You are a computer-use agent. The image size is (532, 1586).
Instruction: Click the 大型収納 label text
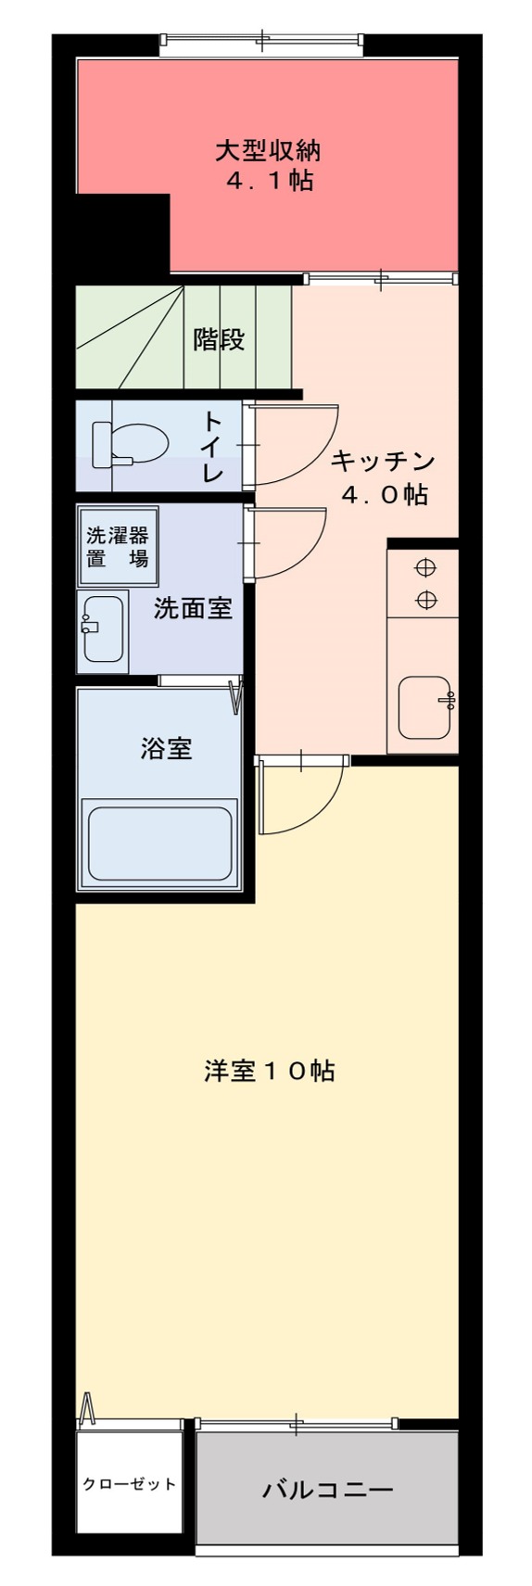pos(268,150)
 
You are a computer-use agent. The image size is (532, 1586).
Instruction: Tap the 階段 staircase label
pos(219,339)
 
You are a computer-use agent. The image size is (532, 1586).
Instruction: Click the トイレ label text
pos(212,447)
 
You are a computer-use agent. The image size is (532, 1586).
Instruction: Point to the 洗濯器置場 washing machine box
pos(117,546)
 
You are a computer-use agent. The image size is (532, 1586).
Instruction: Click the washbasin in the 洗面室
pos(102,628)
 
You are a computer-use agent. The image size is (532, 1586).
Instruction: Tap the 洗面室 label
pos(193,609)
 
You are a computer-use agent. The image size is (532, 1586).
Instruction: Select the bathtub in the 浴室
pos(158,844)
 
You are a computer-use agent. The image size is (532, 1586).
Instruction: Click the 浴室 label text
pos(167,748)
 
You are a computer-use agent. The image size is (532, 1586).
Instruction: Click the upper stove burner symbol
pos(425,567)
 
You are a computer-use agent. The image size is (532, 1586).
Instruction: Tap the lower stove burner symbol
pos(425,600)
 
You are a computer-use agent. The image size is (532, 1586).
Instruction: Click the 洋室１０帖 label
pos(269,1071)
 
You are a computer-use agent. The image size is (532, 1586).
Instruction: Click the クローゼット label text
pos(129,1484)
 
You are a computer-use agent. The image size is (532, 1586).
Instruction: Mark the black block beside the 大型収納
pos(122,234)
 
